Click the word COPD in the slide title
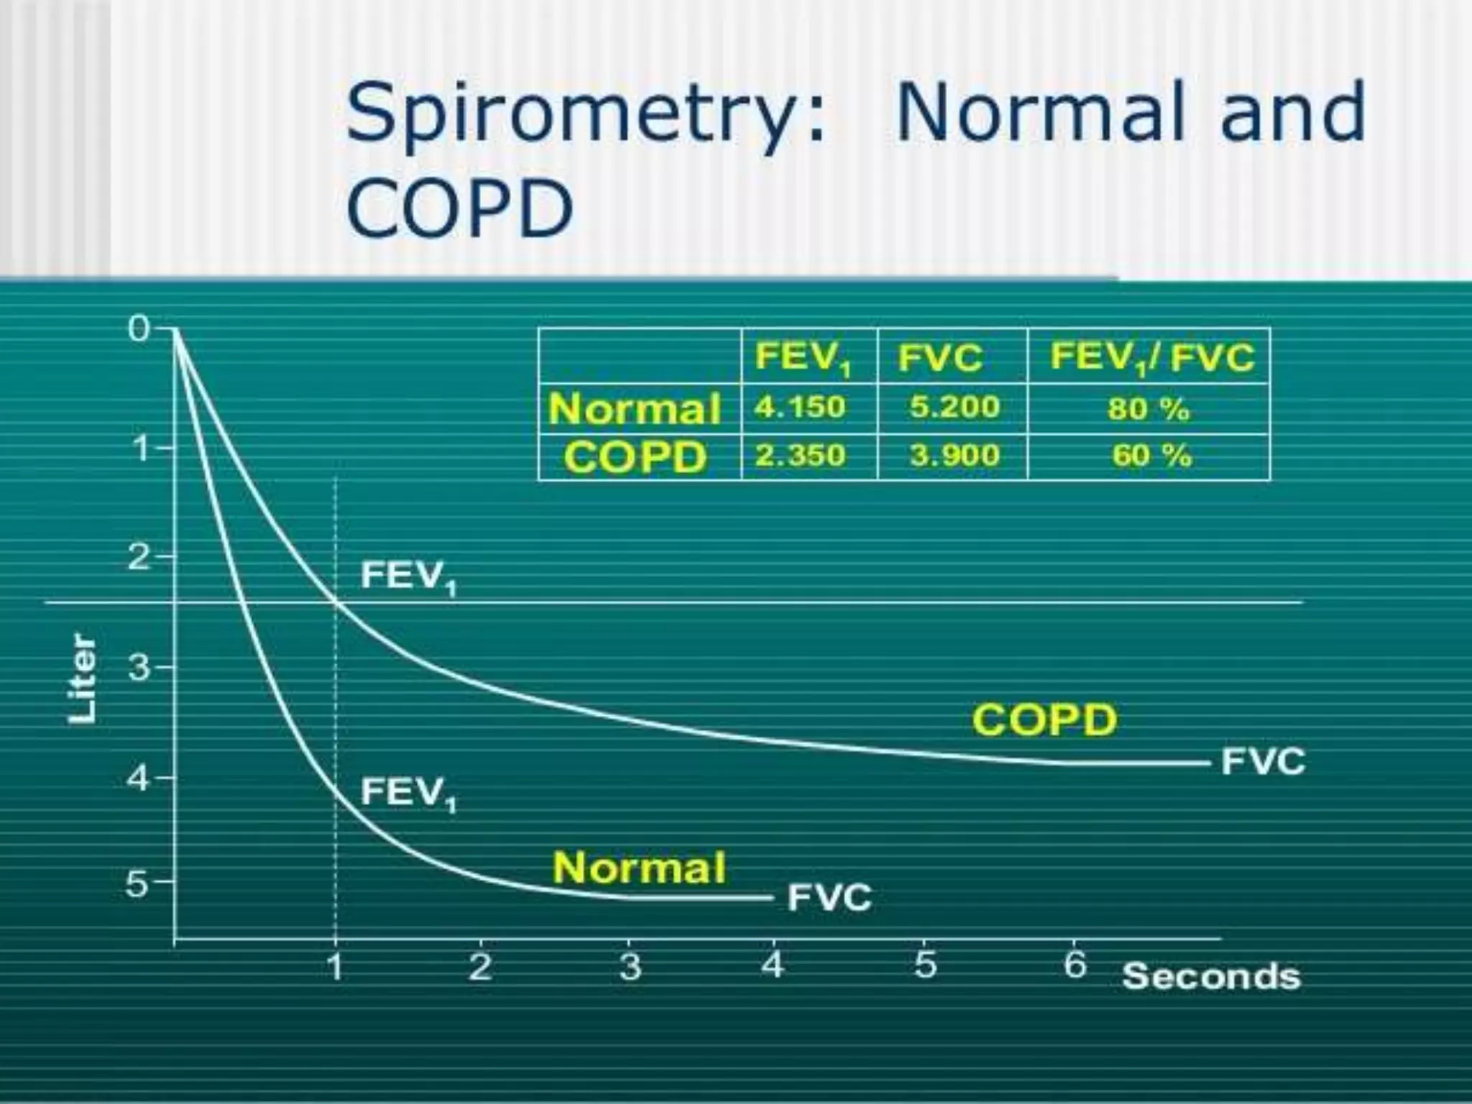coord(460,209)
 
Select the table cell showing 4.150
coord(800,408)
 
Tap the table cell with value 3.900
coord(954,456)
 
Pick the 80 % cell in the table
coord(1148,409)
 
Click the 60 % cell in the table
coord(1151,456)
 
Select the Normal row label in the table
coord(634,409)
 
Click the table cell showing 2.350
coord(800,456)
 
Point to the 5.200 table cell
coord(954,408)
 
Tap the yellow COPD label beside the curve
coord(1044,720)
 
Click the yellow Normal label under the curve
coord(639,868)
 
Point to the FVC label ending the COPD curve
coord(1263,762)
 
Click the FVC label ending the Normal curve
coord(829,898)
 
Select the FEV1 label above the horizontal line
coord(408,576)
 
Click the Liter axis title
coord(82,678)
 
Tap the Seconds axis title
coord(1211,977)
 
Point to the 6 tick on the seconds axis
coord(1075,965)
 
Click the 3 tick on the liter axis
coord(139,668)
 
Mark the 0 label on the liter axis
coord(139,329)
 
